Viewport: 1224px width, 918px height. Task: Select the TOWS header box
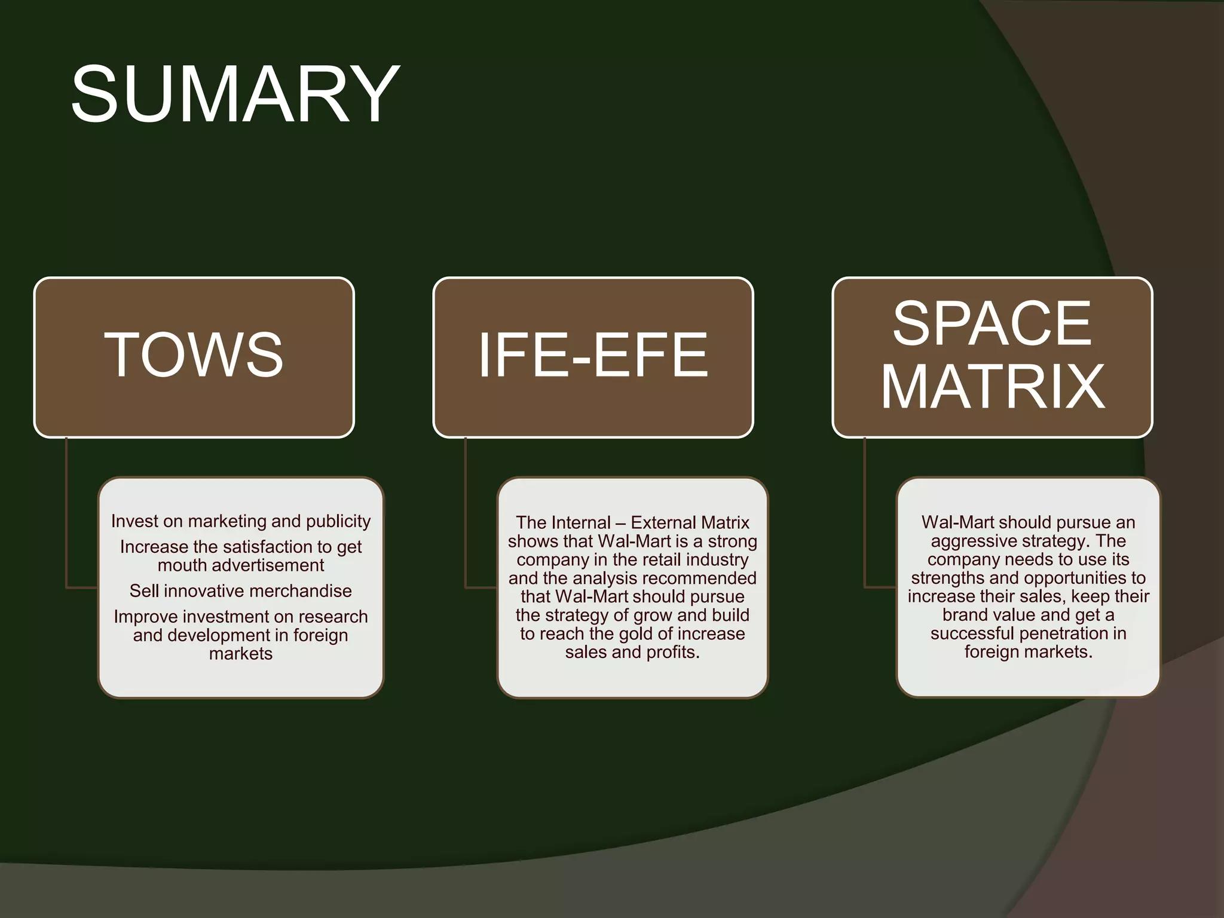point(194,356)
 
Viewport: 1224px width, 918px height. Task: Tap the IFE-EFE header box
point(593,356)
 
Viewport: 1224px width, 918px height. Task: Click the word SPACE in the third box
point(992,323)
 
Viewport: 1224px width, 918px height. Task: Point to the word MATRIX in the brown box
point(993,387)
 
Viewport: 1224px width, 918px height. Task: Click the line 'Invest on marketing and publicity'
point(241,521)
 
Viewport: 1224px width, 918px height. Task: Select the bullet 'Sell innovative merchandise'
point(241,591)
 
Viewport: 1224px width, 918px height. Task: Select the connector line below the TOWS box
point(66,514)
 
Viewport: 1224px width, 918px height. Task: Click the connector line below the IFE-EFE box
point(466,514)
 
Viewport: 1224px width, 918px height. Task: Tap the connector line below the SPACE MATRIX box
point(865,514)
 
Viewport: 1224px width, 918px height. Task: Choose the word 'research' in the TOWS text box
point(333,617)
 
